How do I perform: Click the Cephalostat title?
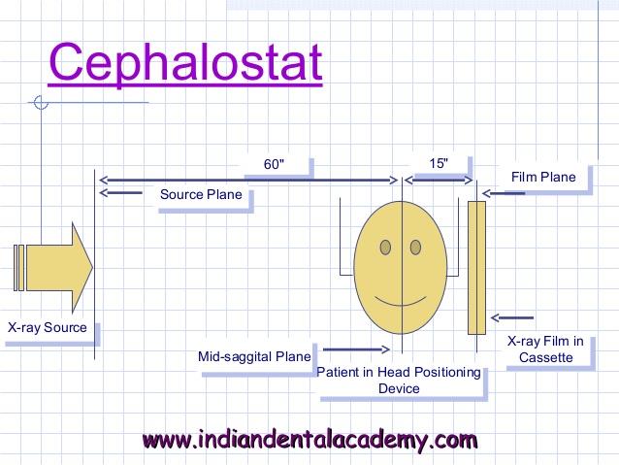click(x=185, y=63)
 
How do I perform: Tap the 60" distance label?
click(x=274, y=164)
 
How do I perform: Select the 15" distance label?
click(x=439, y=163)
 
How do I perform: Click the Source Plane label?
click(x=201, y=194)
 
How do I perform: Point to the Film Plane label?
click(x=543, y=177)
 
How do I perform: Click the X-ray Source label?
click(x=48, y=327)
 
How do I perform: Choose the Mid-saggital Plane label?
click(x=254, y=356)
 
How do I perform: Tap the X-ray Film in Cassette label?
click(x=545, y=349)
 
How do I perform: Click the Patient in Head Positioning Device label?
click(x=399, y=381)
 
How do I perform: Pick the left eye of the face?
click(x=385, y=248)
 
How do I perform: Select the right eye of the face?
click(x=415, y=248)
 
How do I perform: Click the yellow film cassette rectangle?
click(x=477, y=268)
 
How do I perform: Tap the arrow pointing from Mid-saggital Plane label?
click(x=356, y=349)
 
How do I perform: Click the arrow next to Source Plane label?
click(x=121, y=193)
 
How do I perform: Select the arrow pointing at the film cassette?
click(x=512, y=317)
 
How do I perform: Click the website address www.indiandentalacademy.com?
click(x=309, y=440)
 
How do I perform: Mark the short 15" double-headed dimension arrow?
click(x=439, y=181)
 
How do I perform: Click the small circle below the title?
click(x=41, y=102)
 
